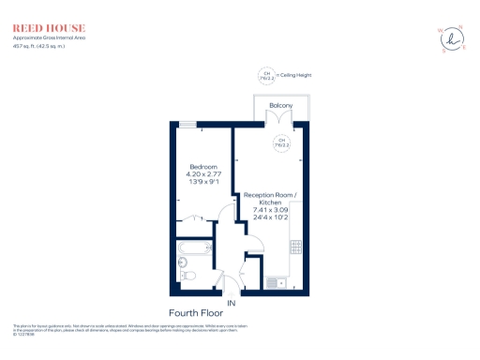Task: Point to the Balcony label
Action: coord(281,106)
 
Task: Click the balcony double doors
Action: coord(280,122)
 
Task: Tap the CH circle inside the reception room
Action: coord(279,143)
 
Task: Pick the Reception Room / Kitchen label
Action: coord(270,199)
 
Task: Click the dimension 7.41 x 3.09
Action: coord(270,214)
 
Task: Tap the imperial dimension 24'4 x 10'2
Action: coord(270,222)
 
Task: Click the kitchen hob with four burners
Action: coord(295,248)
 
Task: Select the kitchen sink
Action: coord(277,282)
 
